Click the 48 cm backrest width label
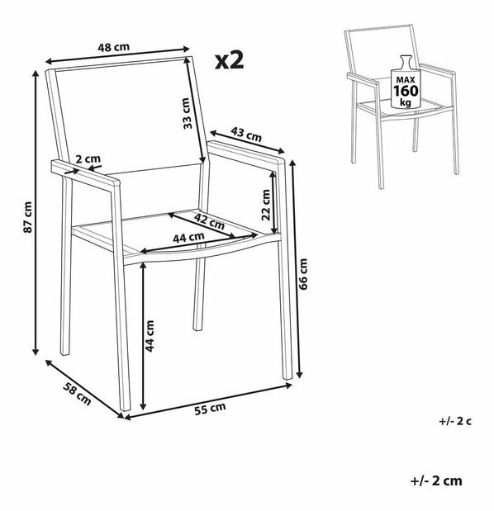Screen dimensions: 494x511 pos(114,47)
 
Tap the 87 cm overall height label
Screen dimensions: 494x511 pos(28,217)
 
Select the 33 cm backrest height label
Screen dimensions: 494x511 pos(186,113)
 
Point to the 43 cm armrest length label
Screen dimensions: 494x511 pos(246,135)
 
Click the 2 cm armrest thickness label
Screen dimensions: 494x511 pos(88,159)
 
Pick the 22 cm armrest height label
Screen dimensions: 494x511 pos(266,205)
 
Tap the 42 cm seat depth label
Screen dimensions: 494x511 pos(210,221)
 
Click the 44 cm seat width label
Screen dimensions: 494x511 pos(188,237)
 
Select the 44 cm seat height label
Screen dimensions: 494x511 pos(150,336)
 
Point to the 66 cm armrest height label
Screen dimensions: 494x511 pos(303,274)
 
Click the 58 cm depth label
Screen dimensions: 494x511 pos(77,394)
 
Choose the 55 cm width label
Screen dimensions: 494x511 pos(210,409)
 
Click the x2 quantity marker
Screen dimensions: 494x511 pos(229,60)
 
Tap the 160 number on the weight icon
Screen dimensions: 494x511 pos(406,91)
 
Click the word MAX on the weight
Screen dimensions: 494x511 pos(406,80)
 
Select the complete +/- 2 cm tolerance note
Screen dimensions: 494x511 pos(436,481)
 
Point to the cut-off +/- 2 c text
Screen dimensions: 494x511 pos(455,421)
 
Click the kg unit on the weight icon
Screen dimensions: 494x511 pos(406,102)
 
